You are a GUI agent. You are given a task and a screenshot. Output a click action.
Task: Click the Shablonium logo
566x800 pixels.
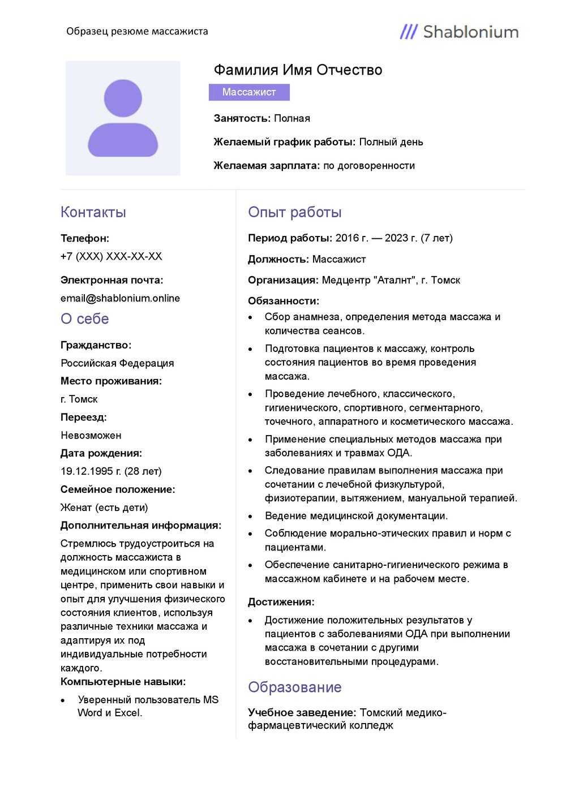tap(459, 32)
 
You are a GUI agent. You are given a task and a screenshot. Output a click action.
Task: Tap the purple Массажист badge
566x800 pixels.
tap(249, 92)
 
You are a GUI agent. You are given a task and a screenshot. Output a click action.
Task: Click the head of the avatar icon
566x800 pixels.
tap(123, 98)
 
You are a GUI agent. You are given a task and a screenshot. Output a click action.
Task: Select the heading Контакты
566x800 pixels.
tap(93, 212)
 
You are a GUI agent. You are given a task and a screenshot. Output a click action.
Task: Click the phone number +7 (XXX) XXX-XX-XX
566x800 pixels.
tap(111, 256)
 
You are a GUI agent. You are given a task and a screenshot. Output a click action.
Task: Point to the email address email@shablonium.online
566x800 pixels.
tap(120, 298)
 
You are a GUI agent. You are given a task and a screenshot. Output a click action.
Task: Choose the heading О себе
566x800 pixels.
tap(84, 319)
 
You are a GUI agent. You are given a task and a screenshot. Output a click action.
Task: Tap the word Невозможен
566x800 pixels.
tap(91, 435)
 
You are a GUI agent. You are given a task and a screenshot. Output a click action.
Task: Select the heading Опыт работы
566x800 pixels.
tap(294, 212)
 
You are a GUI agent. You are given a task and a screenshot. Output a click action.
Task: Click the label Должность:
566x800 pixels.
tap(278, 259)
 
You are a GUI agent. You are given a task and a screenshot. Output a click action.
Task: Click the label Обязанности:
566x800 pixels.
tap(283, 301)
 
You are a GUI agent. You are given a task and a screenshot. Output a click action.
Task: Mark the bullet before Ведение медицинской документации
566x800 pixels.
tap(250, 517)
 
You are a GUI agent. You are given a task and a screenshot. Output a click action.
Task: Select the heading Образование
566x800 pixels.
tap(294, 687)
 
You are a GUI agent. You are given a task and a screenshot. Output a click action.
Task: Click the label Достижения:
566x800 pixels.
tap(281, 602)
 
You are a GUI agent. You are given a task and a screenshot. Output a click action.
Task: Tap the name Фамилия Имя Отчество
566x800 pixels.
tap(298, 70)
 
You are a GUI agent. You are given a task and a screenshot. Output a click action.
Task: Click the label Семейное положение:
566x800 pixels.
tap(118, 489)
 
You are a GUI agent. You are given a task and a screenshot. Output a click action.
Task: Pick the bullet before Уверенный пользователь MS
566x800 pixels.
tap(63, 700)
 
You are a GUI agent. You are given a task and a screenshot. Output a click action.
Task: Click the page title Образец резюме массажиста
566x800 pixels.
tap(137, 31)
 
